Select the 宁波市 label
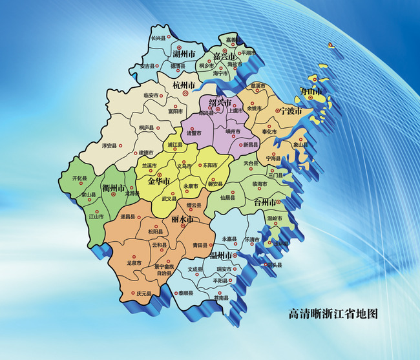pyautogui.click(x=288, y=111)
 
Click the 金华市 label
pyautogui.click(x=158, y=181)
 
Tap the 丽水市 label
pyautogui.click(x=183, y=220)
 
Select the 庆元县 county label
pyautogui.click(x=143, y=295)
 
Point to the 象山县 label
pyautogui.click(x=299, y=145)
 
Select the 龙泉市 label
pyautogui.click(x=134, y=263)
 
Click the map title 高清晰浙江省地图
pyautogui.click(x=332, y=315)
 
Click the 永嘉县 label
pyautogui.click(x=230, y=238)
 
